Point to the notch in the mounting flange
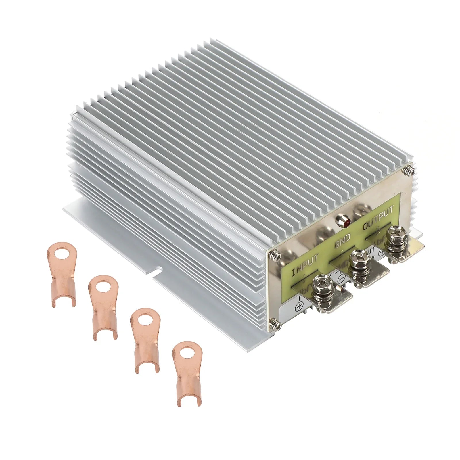pos(158,270)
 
